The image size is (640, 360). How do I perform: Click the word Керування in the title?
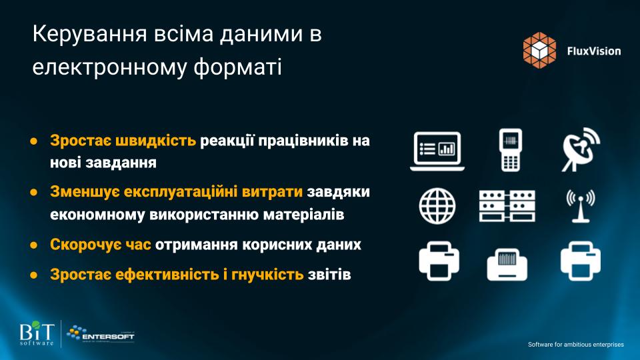89,35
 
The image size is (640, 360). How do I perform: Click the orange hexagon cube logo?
539,50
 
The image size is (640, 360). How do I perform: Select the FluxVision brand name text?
594,51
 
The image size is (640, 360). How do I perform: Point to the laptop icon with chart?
437,151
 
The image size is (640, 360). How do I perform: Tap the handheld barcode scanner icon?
510,150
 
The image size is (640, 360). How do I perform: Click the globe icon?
437,206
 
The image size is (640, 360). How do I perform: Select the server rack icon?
507,206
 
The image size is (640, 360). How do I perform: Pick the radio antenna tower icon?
581,206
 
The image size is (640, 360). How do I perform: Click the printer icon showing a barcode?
507,265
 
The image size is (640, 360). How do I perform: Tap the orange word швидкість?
155,141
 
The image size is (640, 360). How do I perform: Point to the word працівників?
303,141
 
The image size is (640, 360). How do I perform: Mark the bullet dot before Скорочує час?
34,245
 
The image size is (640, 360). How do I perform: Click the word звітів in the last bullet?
329,275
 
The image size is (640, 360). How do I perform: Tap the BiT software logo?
37,333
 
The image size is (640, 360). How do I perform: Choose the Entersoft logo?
101,333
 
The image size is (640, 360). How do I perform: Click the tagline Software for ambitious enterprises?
575,345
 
